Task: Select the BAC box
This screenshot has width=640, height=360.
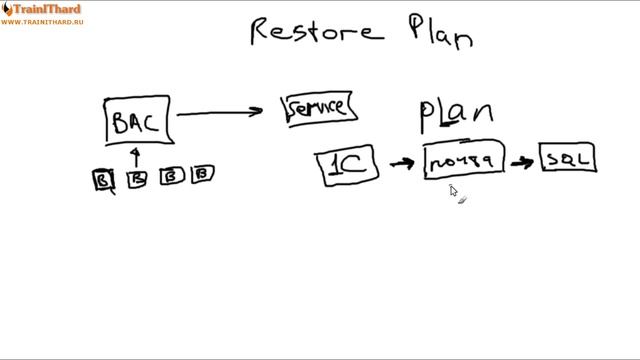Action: (137, 122)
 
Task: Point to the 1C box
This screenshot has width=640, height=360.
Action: (348, 166)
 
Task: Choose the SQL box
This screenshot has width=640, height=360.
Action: (569, 158)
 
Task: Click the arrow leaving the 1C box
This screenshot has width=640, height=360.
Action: (401, 163)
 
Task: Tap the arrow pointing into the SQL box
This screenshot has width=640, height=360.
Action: (521, 160)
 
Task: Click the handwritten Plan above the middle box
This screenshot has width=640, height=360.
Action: (455, 115)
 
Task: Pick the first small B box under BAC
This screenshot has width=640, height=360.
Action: (103, 179)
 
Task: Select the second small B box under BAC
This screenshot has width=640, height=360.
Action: (138, 178)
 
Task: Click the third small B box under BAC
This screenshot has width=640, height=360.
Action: (171, 177)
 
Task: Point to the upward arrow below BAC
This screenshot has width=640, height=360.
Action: (137, 157)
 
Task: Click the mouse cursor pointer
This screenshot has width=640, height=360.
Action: (453, 191)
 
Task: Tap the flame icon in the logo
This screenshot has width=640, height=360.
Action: (7, 10)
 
